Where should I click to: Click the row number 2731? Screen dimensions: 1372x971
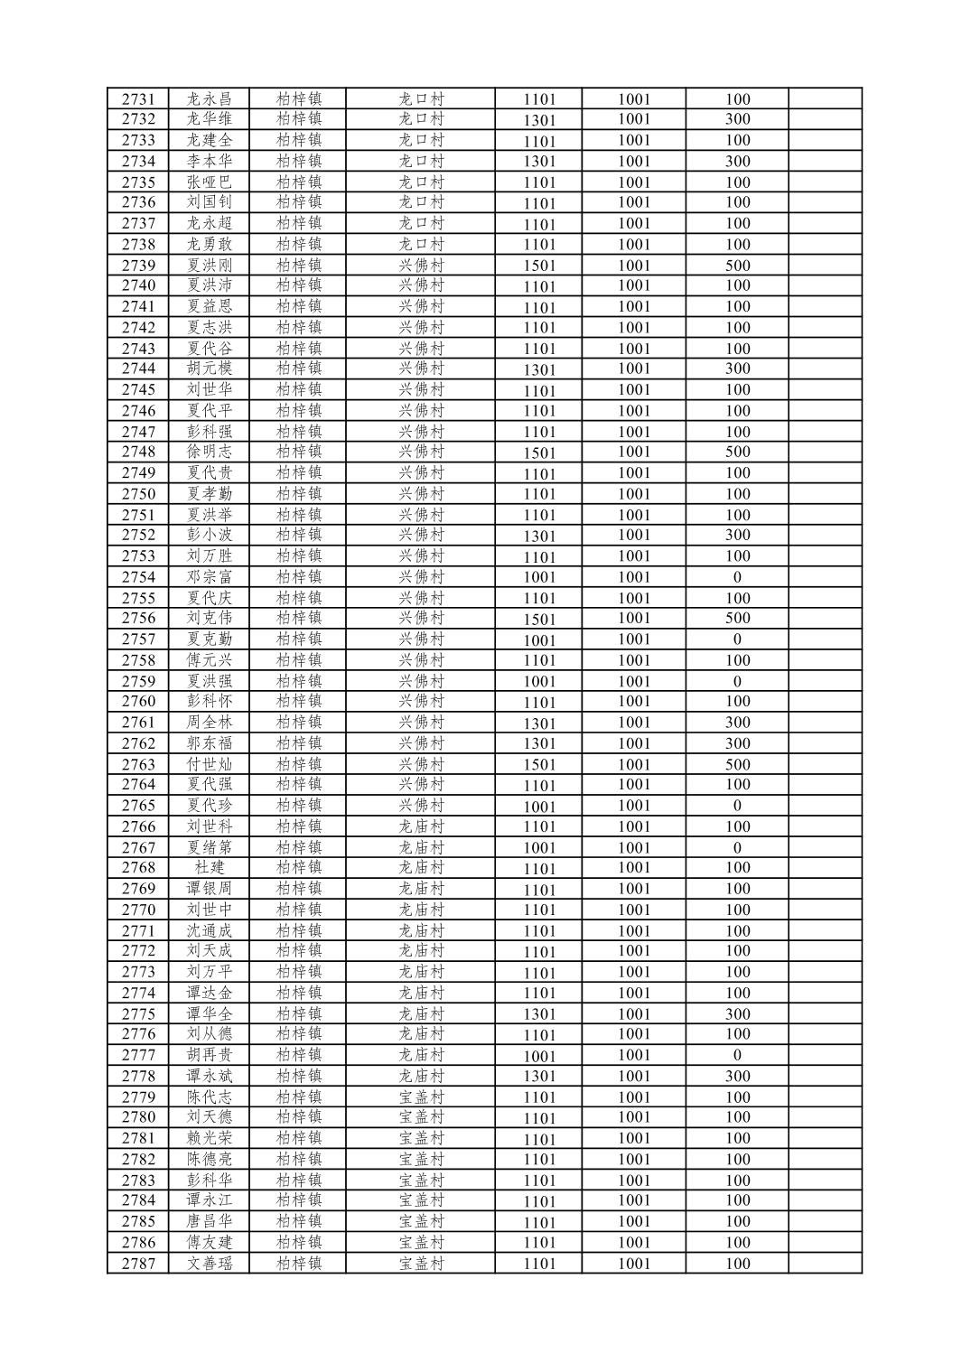coord(138,99)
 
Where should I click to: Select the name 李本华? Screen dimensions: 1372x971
coord(209,162)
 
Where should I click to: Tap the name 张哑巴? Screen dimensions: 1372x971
coord(209,182)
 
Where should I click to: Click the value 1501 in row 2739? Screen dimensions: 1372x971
coord(539,266)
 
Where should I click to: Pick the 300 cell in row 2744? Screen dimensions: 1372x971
coord(737,369)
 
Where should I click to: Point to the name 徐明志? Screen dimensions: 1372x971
coord(209,452)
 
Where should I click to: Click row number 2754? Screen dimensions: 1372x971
coord(138,577)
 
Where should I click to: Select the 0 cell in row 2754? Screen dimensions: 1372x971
coord(737,577)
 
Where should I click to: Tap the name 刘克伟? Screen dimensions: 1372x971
coord(209,619)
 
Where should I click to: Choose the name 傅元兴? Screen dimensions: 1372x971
coord(209,660)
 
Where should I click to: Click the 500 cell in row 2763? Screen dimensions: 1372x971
coord(737,764)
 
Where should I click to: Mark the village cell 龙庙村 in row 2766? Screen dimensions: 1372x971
coord(422,826)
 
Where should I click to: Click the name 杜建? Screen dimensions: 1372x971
coord(209,868)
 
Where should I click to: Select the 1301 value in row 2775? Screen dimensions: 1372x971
coord(539,1014)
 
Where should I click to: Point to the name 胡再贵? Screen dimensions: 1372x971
coord(209,1055)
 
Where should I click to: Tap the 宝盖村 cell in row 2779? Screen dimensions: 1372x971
coord(422,1097)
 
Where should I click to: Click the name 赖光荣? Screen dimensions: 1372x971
coord(209,1138)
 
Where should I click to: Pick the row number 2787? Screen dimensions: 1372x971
coord(138,1264)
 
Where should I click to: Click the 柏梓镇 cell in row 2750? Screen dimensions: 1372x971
coord(299,494)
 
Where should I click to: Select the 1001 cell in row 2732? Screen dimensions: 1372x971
coord(634,119)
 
